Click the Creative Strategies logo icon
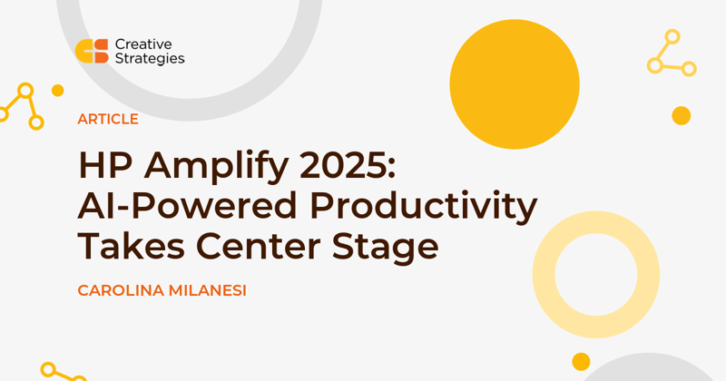(x=92, y=51)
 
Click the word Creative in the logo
(x=143, y=44)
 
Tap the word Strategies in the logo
(x=150, y=59)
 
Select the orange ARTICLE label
(x=108, y=120)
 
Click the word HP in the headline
(x=105, y=165)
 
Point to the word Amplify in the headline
(x=217, y=168)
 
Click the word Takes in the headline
(x=132, y=246)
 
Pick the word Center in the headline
(x=259, y=246)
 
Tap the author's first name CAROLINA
(x=121, y=290)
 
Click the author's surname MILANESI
(x=208, y=290)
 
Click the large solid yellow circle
(x=515, y=84)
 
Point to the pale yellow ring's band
(x=544, y=275)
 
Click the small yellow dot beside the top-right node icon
(x=682, y=116)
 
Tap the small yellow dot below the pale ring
(x=581, y=362)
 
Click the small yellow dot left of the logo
(x=57, y=91)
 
